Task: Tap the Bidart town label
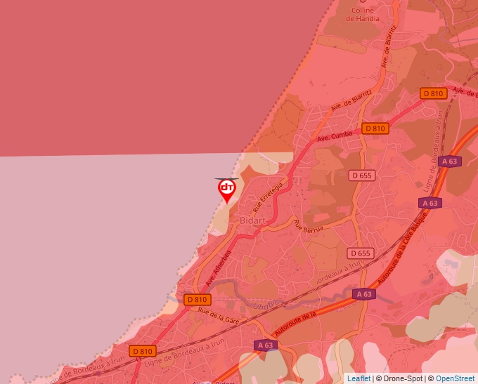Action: coord(253,220)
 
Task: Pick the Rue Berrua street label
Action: coord(309,227)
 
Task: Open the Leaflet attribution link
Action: coord(358,378)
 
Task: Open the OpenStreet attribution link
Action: coord(455,378)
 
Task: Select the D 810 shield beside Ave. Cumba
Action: coord(375,128)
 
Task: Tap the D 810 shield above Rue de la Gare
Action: coord(198,300)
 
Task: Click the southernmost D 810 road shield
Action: coord(142,351)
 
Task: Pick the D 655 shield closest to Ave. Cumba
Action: coord(362,175)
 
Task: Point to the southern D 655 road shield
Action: coord(359,253)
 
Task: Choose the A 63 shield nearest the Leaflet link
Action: coord(265,345)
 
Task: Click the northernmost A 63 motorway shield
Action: coord(448,161)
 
